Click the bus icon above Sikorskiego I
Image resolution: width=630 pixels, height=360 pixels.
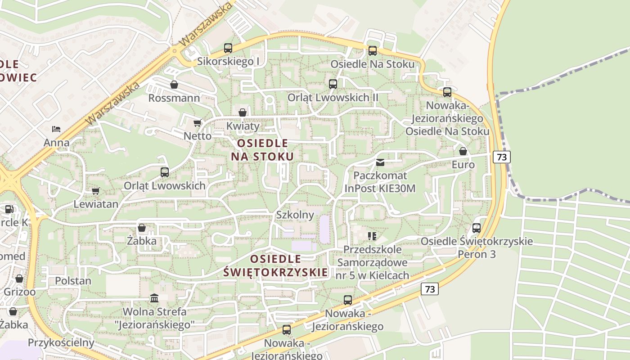point(228,48)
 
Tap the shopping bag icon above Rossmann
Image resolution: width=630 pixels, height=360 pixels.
point(174,85)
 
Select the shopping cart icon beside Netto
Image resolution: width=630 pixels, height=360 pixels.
point(197,123)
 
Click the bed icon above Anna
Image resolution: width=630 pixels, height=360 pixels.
point(56,129)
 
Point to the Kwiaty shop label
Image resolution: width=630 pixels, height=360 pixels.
point(243,126)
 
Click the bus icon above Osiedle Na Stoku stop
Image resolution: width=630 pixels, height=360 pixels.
point(373,51)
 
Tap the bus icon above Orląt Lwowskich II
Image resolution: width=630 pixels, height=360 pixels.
point(333,84)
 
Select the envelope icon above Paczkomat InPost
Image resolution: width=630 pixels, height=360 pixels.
point(380,162)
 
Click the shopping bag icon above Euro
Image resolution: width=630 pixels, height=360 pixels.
point(463,152)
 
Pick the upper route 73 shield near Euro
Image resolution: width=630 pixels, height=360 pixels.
point(502,157)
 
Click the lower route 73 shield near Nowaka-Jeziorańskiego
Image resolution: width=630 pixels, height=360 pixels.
point(430,289)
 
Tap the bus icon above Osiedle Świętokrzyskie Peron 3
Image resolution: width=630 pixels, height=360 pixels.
point(477,228)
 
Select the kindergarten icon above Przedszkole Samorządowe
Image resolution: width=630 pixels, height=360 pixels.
point(372,236)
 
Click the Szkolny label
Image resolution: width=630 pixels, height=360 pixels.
point(295,215)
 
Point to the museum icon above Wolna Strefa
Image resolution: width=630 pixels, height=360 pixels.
point(154,298)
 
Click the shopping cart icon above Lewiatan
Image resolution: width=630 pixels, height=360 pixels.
point(95,191)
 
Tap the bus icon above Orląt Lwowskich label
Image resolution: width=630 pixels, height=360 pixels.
point(165,172)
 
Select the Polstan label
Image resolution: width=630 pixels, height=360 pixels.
point(73,281)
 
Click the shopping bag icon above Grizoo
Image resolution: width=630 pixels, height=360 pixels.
point(19,279)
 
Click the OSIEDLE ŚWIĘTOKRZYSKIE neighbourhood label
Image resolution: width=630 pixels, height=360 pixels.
point(275,265)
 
